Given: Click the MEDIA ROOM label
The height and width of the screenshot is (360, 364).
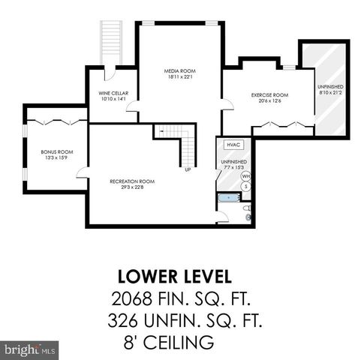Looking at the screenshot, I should point(179,70).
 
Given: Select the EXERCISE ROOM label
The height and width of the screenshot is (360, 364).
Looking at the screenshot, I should point(269,95).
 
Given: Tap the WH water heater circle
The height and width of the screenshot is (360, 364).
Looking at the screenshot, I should point(245,175).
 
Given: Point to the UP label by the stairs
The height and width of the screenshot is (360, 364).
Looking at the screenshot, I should point(188,169).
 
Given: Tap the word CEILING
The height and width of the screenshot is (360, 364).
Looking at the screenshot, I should point(180,343).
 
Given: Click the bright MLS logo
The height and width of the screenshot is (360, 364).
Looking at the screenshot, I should point(29,349).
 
